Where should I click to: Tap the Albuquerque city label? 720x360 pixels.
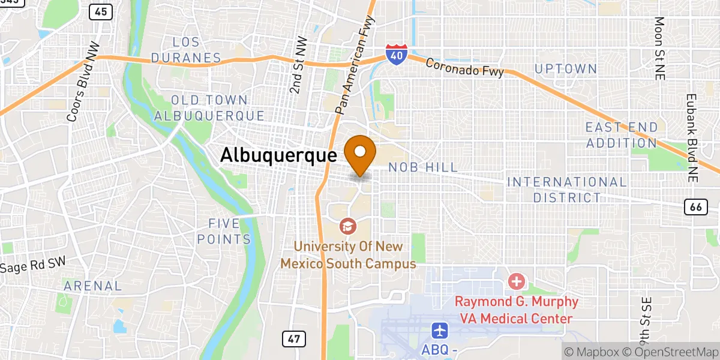pos(278,155)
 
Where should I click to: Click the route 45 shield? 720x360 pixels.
pos(101,11)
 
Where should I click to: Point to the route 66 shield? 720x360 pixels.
pos(695,207)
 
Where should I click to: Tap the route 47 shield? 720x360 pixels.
pos(293,338)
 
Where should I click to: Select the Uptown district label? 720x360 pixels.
pos(566,69)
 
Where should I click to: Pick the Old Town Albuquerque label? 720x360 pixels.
pos(209,108)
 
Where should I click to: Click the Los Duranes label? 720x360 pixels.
pos(186,50)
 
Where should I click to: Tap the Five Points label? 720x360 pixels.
pos(229,232)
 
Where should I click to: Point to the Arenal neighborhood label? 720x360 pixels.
pos(93,286)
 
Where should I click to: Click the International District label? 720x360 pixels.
pos(567,190)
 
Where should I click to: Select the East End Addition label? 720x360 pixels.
pos(622,135)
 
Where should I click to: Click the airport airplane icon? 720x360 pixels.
pos(440,330)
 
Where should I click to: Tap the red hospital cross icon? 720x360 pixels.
pos(516,281)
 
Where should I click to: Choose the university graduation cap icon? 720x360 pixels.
pos(347,226)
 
